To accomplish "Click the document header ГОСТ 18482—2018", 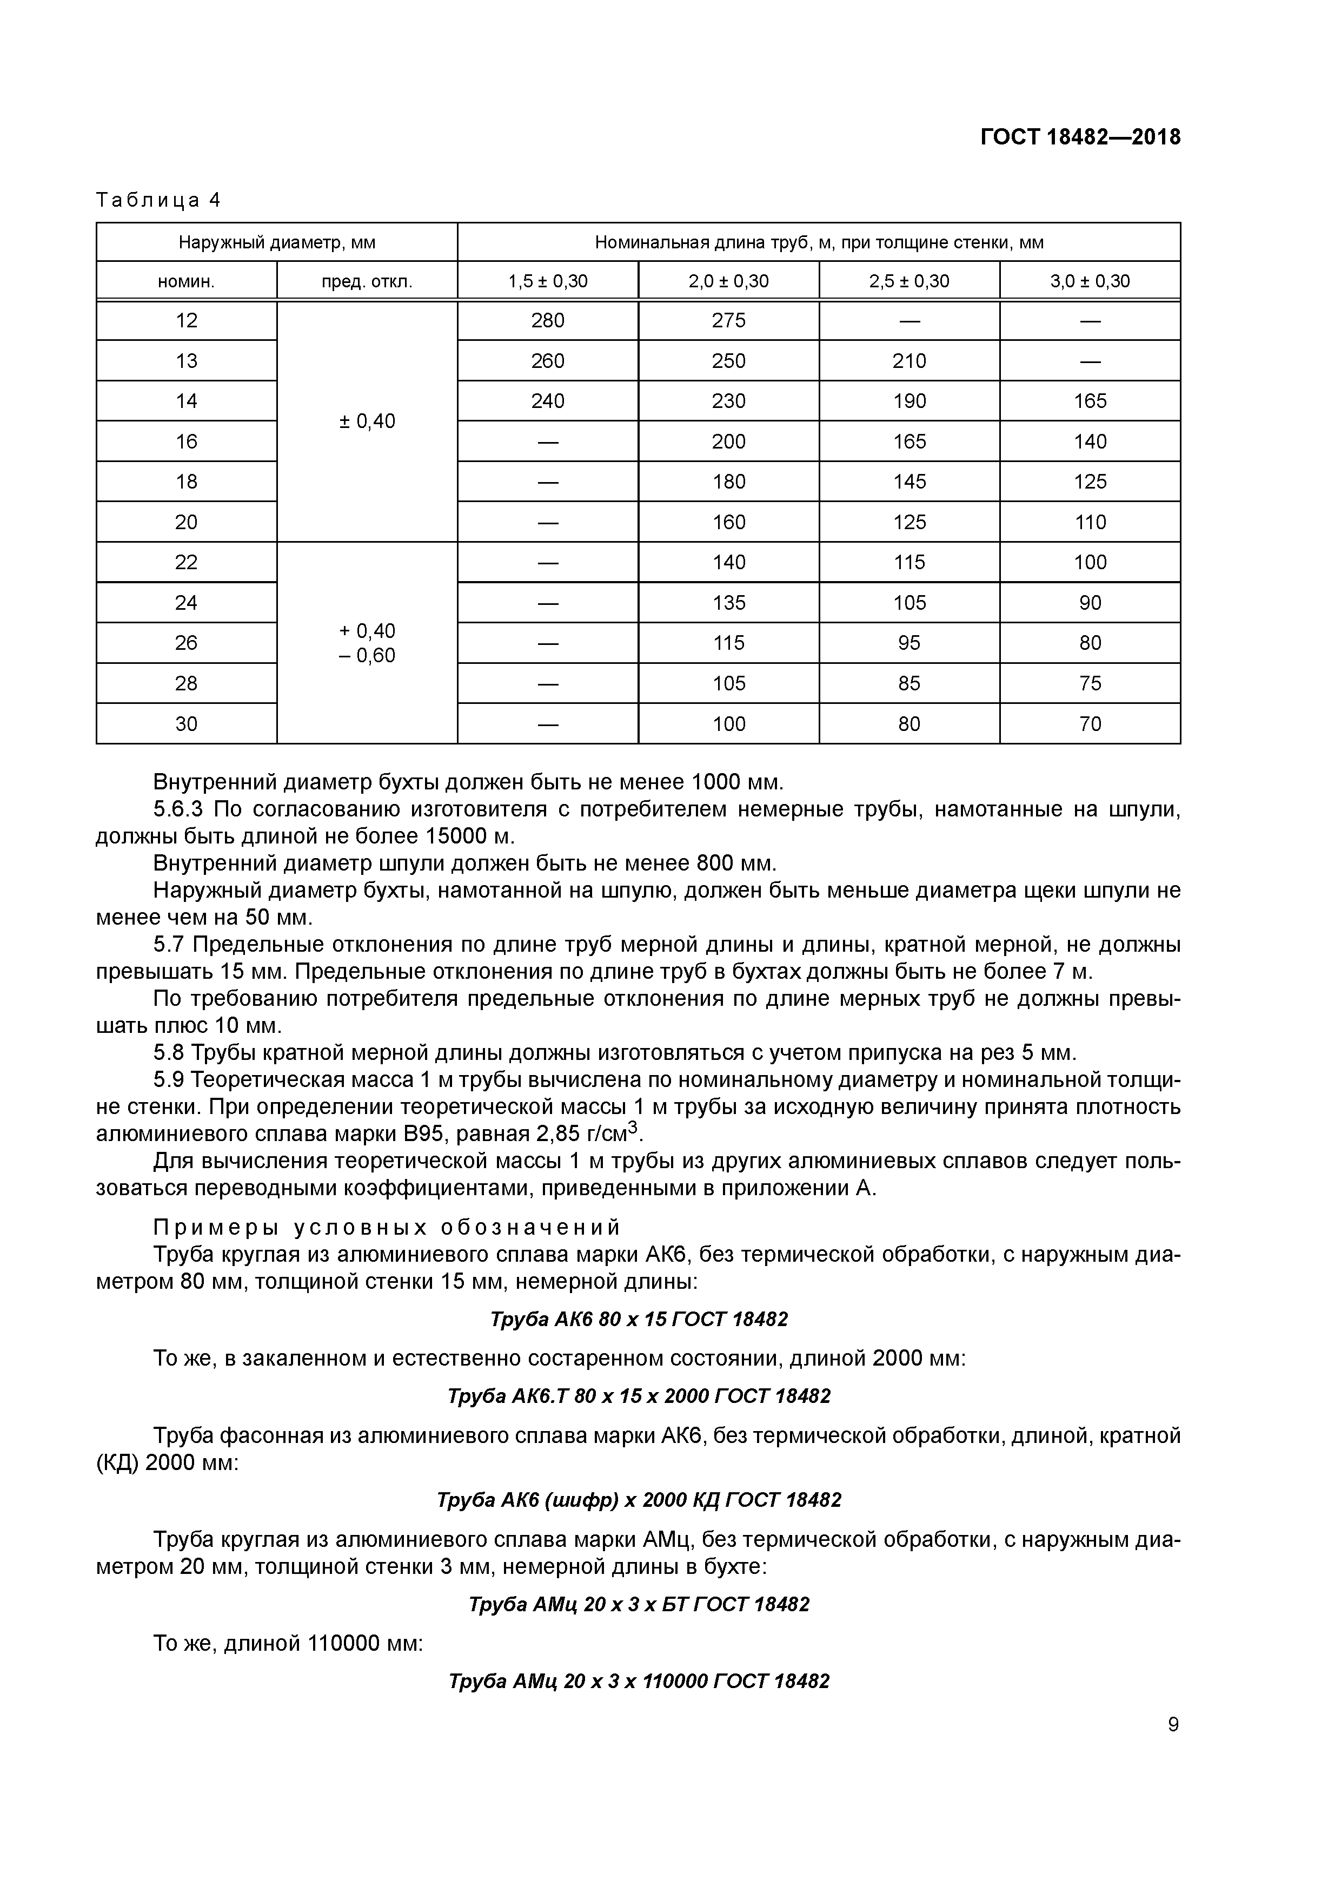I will pyautogui.click(x=1080, y=137).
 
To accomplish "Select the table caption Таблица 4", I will pyautogui.click(x=158, y=200).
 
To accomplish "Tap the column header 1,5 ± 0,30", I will pyautogui.click(x=548, y=281).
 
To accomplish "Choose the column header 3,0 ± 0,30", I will pyautogui.click(x=1090, y=281).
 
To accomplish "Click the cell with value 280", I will pyautogui.click(x=548, y=321).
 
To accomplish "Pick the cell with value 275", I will pyautogui.click(x=729, y=321).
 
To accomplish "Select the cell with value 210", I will pyautogui.click(x=909, y=361).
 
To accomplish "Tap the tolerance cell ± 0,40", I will pyautogui.click(x=367, y=421).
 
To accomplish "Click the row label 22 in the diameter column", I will pyautogui.click(x=186, y=562).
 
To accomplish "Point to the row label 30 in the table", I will pyautogui.click(x=186, y=724).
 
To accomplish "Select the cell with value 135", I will pyautogui.click(x=729, y=603).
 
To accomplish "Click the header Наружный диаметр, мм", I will pyautogui.click(x=277, y=243).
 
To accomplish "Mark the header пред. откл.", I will pyautogui.click(x=367, y=281).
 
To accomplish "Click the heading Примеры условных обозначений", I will pyautogui.click(x=387, y=1227).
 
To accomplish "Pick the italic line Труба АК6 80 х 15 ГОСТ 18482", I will pyautogui.click(x=639, y=1319).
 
